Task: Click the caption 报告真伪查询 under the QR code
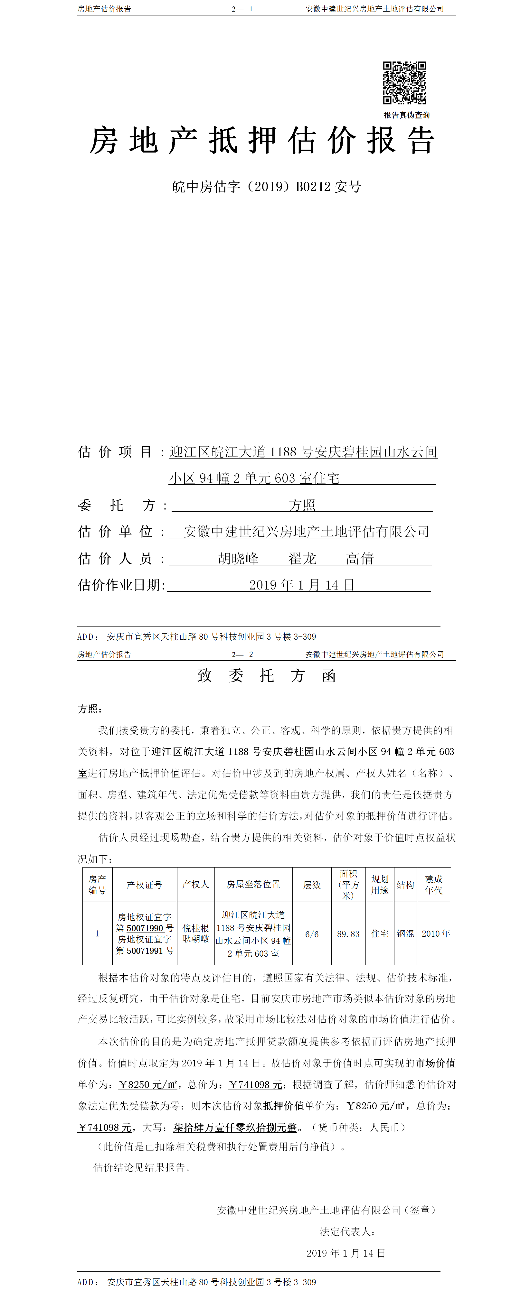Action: pyautogui.click(x=407, y=115)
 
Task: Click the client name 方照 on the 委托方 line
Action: pyautogui.click(x=302, y=505)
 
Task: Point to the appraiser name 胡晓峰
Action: pyautogui.click(x=238, y=558)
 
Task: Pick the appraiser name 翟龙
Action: pyautogui.click(x=302, y=558)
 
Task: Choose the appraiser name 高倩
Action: pyautogui.click(x=360, y=558)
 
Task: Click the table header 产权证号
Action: pyautogui.click(x=145, y=885)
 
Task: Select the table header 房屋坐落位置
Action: pyautogui.click(x=253, y=885)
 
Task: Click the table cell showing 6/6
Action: pyautogui.click(x=312, y=934)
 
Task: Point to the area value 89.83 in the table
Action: pyautogui.click(x=348, y=934)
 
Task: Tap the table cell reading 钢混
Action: pyautogui.click(x=405, y=934)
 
